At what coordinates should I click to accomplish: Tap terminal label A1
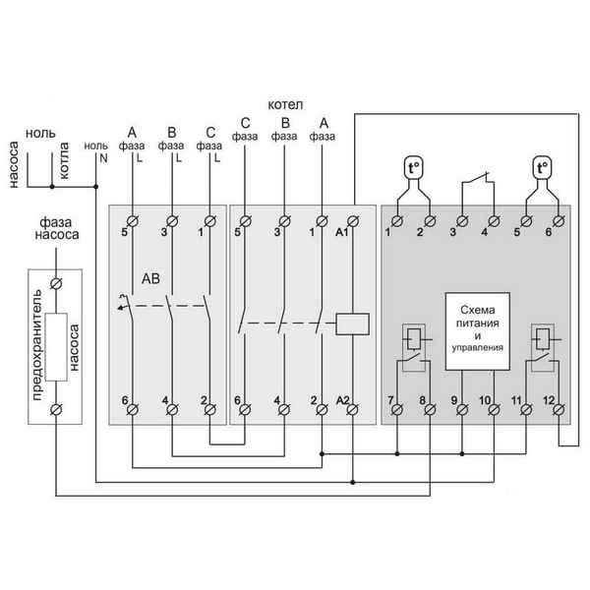341,233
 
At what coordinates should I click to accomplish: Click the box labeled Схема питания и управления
477,329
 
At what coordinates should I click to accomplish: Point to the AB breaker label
152,278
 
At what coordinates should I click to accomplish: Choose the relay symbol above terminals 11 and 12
540,346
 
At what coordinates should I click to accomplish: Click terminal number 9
454,401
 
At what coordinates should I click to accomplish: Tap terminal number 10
485,401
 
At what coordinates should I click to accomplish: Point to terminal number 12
549,401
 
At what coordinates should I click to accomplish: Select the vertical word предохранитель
37,344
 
